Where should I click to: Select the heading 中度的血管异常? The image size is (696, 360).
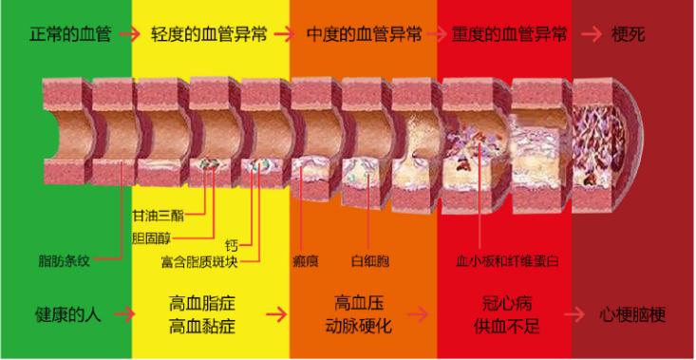click(365, 34)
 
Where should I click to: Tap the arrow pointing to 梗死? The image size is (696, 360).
click(591, 34)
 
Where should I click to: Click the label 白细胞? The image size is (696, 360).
click(370, 259)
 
